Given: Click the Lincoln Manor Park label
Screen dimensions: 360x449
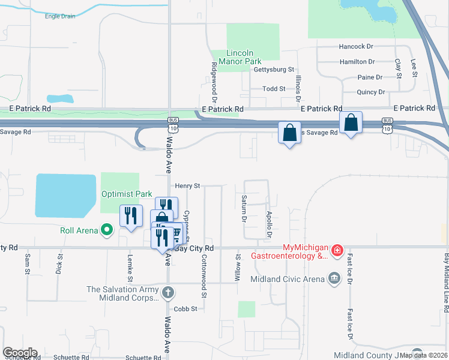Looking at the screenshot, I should pos(244,57).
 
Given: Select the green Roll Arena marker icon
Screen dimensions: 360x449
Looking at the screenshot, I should pos(107,229).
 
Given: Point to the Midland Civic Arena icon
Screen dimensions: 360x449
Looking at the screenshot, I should pos(334,277).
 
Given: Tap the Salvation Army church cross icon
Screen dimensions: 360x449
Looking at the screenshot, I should pos(169,293).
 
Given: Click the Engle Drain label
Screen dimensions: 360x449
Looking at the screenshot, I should pos(60,16).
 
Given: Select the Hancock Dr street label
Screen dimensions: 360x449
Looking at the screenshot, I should pos(356,46).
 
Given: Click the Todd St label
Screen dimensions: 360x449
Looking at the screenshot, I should pos(274,89).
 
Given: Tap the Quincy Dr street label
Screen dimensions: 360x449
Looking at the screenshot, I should pos(370,92).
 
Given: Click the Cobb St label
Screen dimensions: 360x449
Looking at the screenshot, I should pos(185,309).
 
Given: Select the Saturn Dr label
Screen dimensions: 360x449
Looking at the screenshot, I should pos(244,208).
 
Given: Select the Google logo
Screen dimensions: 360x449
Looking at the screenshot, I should pos(20,353).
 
